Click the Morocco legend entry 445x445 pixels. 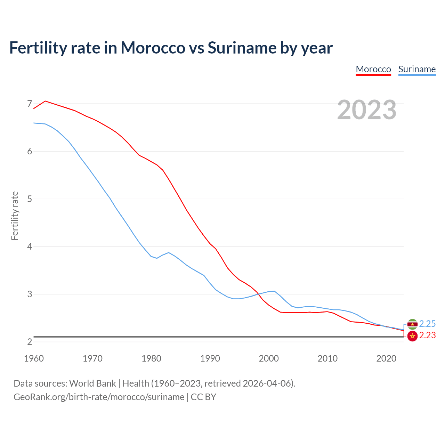pos(373,69)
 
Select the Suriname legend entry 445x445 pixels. pos(417,69)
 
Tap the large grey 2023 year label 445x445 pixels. pos(366,110)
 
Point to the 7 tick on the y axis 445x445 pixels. pos(30,104)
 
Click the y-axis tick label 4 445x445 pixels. pos(30,246)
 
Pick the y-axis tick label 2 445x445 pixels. pos(30,342)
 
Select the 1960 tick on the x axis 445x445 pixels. pos(34,358)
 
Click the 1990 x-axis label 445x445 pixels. pos(210,358)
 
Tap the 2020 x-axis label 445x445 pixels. pos(386,358)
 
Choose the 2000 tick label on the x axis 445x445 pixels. pos(269,358)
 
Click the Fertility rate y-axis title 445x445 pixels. pos(15,216)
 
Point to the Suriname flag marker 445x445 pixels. pos(412,324)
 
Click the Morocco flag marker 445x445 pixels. pos(412,336)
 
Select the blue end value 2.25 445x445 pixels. pos(427,324)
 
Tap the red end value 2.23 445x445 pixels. pos(427,335)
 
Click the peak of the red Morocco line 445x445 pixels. pos(45,101)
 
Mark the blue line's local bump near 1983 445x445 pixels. pos(169,252)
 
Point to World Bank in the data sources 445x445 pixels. pos(92,383)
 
